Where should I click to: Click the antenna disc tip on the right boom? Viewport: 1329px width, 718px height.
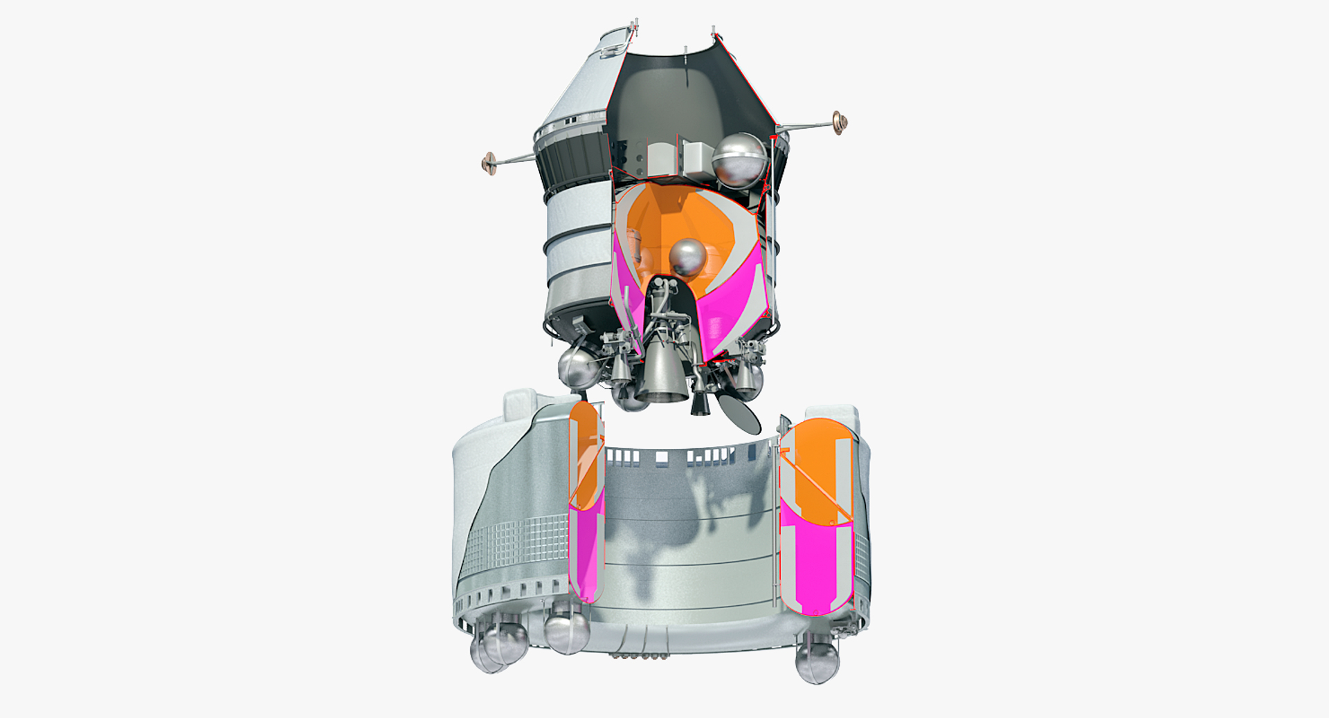[838, 122]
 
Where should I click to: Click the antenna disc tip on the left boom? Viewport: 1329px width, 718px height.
[489, 163]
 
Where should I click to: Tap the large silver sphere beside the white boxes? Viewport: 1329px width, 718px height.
[739, 160]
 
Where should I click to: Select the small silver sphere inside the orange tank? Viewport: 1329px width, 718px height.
[687, 257]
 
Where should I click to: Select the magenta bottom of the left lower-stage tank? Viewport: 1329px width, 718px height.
[584, 553]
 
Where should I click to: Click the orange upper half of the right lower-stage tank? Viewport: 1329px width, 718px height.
[817, 470]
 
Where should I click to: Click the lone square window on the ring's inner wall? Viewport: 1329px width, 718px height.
[662, 457]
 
